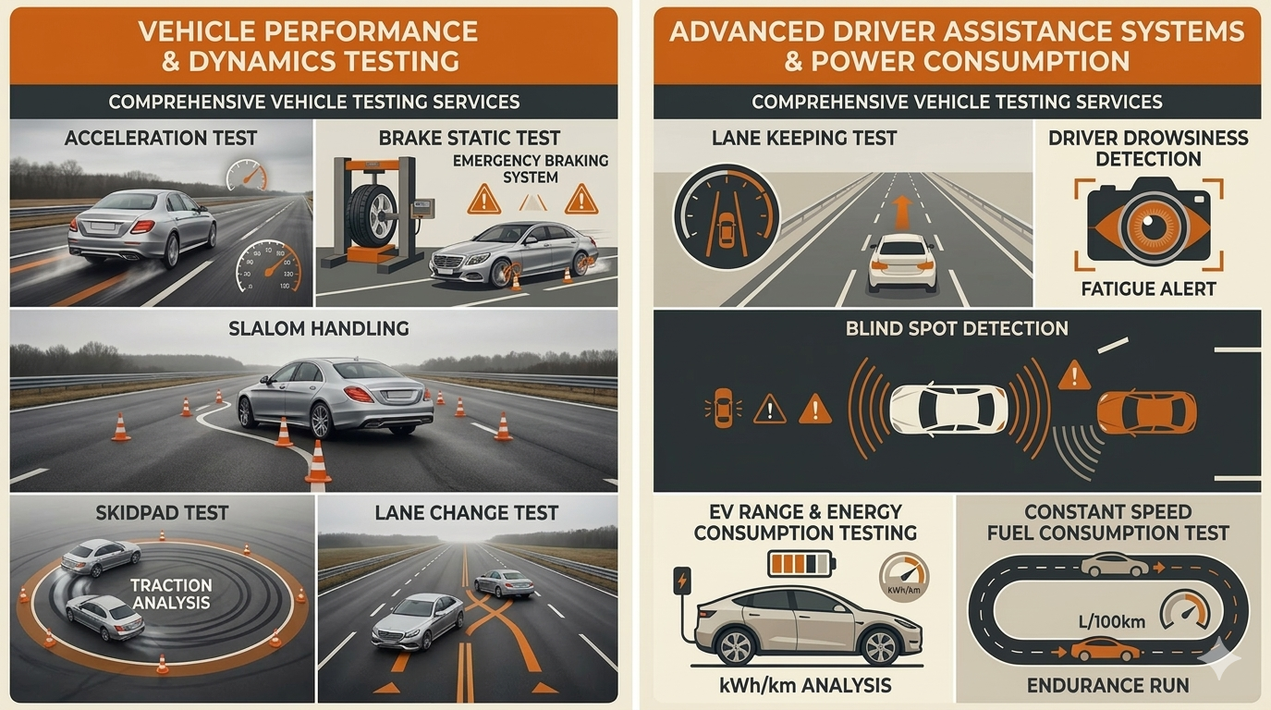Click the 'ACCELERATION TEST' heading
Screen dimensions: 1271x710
pyautogui.click(x=161, y=138)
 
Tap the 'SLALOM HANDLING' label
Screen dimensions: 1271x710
pyautogui.click(x=318, y=328)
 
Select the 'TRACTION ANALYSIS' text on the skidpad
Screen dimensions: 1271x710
pyautogui.click(x=171, y=594)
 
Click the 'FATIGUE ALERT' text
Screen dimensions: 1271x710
pyautogui.click(x=1148, y=288)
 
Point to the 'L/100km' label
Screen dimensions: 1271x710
pyautogui.click(x=1112, y=622)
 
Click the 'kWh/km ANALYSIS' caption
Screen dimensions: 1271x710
pyautogui.click(x=805, y=685)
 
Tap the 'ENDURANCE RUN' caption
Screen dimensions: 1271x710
pyautogui.click(x=1107, y=685)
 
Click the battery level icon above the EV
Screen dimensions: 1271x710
pyautogui.click(x=801, y=564)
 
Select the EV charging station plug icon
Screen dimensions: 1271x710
pyautogui.click(x=682, y=581)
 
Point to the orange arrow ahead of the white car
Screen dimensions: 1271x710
pyautogui.click(x=901, y=212)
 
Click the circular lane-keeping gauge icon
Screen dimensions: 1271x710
pyautogui.click(x=727, y=216)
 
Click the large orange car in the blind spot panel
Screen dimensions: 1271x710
pyautogui.click(x=1147, y=412)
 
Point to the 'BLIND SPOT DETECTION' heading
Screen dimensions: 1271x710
pyautogui.click(x=957, y=328)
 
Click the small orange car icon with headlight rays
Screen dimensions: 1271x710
pyautogui.click(x=724, y=408)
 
